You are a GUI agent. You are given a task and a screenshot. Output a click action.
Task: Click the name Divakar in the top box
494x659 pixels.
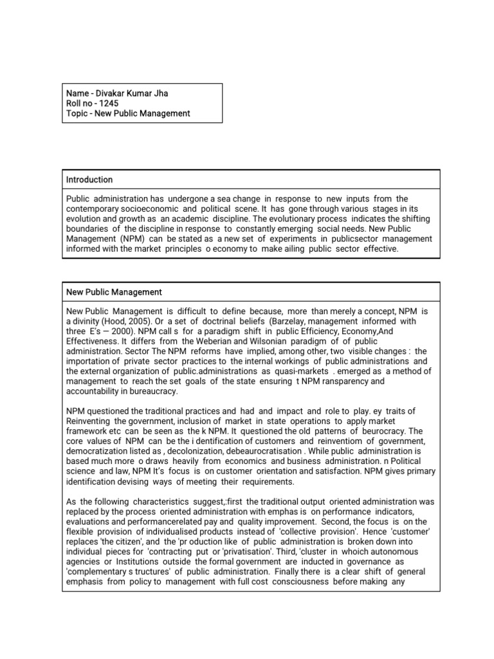(x=109, y=93)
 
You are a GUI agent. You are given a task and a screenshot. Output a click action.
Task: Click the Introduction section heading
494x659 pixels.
(x=89, y=180)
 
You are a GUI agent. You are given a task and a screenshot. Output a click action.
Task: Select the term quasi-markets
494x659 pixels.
(x=302, y=371)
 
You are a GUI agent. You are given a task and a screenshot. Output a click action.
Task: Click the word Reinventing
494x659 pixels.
(x=91, y=422)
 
